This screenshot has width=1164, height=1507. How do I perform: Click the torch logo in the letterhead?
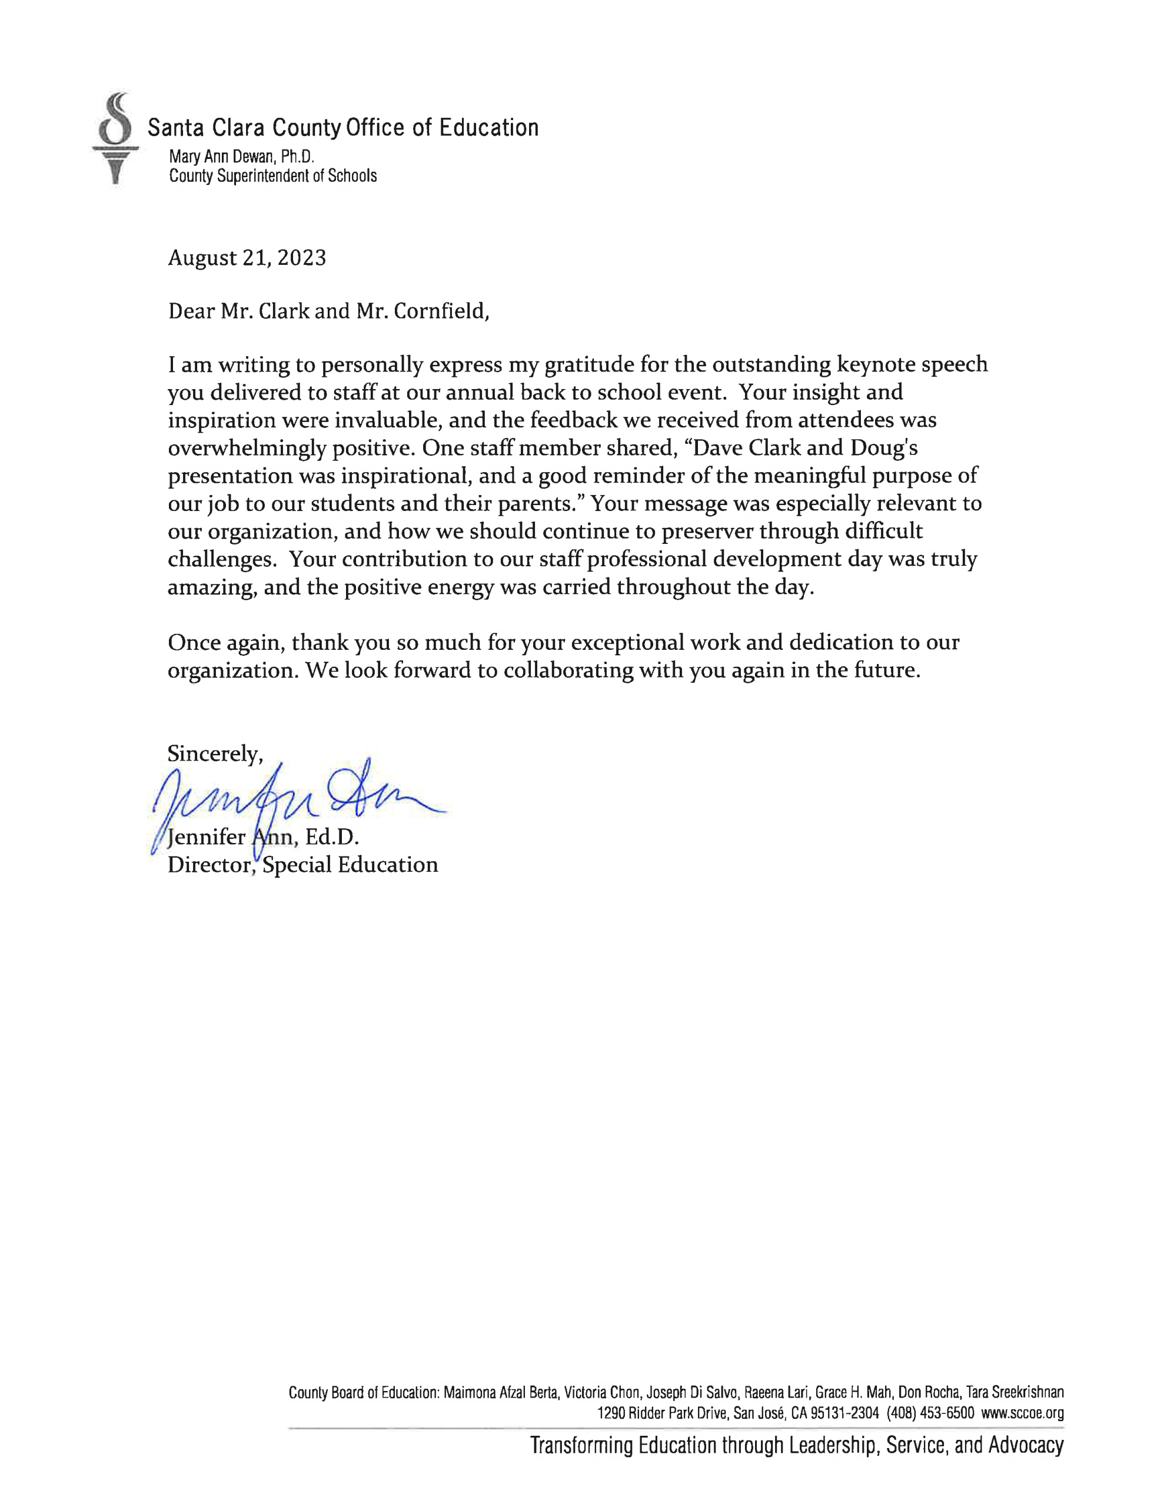115,138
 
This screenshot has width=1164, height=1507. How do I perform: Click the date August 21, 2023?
247,258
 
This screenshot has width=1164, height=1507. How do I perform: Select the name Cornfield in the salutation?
440,311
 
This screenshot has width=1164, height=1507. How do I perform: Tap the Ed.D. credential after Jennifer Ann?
332,837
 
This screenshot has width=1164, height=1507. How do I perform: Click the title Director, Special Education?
302,865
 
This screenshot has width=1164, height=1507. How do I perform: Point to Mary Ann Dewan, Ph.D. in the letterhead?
241,157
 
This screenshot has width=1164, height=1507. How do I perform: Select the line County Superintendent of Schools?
272,176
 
